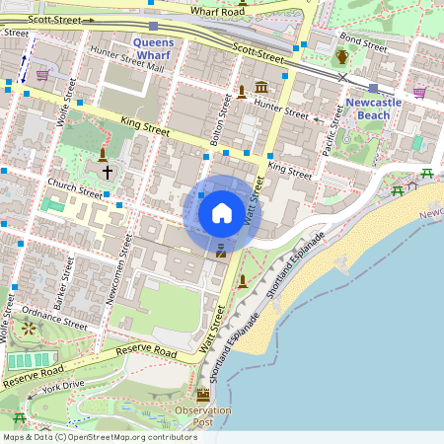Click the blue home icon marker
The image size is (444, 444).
[x=222, y=212]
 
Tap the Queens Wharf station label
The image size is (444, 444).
[x=153, y=49]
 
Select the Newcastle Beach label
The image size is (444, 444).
[x=372, y=109]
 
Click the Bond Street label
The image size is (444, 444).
[x=363, y=43]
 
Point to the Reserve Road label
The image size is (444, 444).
[x=145, y=352]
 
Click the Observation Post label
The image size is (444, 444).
[x=203, y=415]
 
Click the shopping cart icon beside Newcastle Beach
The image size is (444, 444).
[x=419, y=93]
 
